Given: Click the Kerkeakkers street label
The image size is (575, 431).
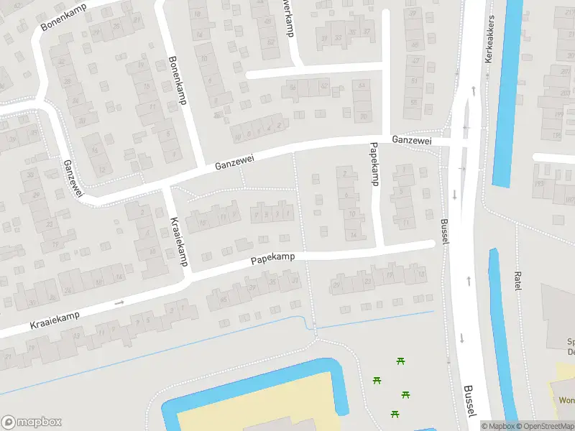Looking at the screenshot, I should pyautogui.click(x=489, y=40).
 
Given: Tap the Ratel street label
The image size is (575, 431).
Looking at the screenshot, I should pyautogui.click(x=517, y=281).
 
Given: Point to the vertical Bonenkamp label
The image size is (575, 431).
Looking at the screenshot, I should pyautogui.click(x=177, y=80).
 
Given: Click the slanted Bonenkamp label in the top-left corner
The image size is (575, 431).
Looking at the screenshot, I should pyautogui.click(x=63, y=17).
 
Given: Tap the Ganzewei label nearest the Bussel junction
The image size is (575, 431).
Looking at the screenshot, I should pyautogui.click(x=411, y=141).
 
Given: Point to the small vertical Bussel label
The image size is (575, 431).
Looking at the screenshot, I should pyautogui.click(x=443, y=232).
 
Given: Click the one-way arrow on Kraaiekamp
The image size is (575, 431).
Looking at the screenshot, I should pyautogui.click(x=119, y=302).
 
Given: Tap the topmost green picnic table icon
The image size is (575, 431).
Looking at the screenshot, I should pyautogui.click(x=399, y=361).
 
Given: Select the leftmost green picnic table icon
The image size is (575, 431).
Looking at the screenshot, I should pyautogui.click(x=377, y=379).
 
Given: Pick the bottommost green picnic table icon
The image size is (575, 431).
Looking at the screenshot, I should pyautogui.click(x=394, y=413).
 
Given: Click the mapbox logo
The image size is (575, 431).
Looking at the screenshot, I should pyautogui.click(x=31, y=422).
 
